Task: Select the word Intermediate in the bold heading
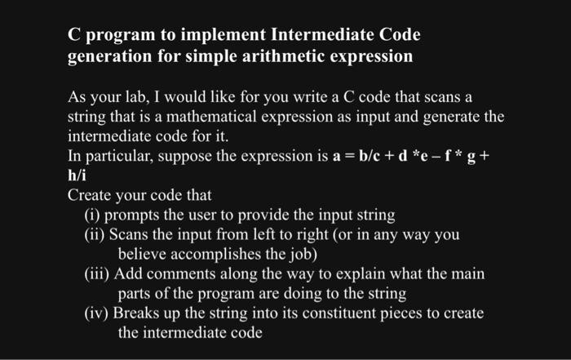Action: point(322,34)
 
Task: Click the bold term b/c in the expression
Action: point(370,156)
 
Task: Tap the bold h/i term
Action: point(77,176)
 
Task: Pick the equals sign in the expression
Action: point(350,156)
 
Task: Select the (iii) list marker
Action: point(96,274)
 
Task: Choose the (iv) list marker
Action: point(96,313)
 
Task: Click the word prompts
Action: point(131,216)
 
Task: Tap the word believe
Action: point(142,254)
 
